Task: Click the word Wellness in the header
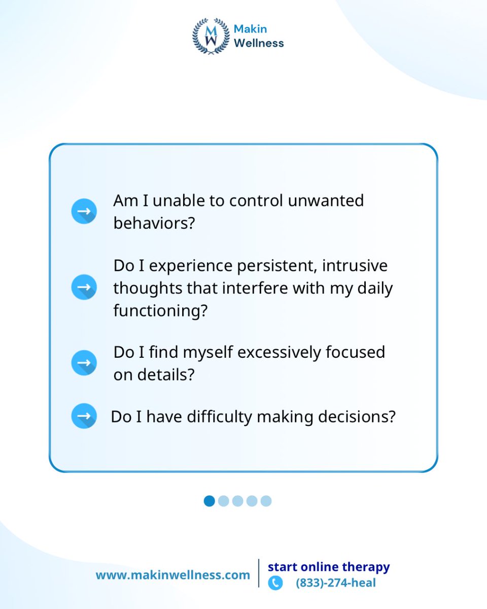point(259,43)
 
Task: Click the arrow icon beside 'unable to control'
point(84,212)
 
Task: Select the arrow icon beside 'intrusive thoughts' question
point(84,287)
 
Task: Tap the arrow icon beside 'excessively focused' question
point(84,363)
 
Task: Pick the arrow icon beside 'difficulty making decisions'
point(84,416)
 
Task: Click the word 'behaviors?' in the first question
point(154,223)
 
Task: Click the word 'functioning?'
point(160,311)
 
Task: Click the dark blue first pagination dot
point(209,501)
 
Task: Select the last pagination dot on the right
point(266,501)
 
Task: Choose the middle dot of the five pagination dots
point(237,501)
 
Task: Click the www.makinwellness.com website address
point(172,575)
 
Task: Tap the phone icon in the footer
point(275,583)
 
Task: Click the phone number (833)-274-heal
point(336,583)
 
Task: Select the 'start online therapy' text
point(329,566)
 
